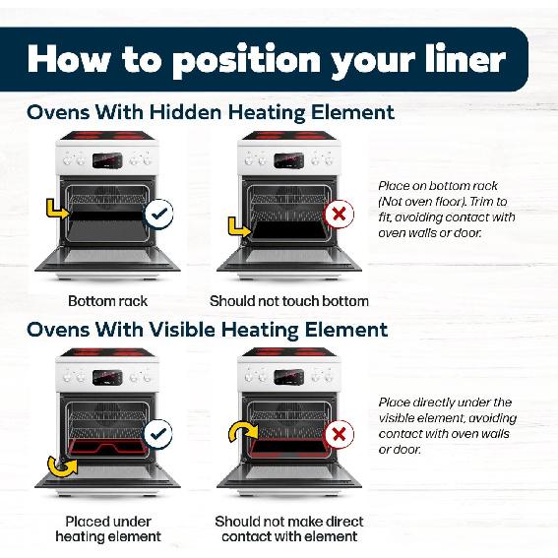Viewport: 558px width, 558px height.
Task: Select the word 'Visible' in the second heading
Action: [182, 329]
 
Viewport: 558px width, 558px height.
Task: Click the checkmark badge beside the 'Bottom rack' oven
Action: [158, 214]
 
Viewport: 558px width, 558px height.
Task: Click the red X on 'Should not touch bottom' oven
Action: [340, 215]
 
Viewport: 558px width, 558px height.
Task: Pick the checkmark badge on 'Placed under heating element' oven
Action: [158, 434]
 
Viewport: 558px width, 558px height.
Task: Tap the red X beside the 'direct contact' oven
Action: [340, 434]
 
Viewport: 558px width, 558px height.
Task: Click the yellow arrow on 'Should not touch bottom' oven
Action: [239, 228]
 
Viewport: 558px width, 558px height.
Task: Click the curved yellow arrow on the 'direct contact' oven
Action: [243, 432]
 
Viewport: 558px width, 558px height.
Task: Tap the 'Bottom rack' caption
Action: [108, 301]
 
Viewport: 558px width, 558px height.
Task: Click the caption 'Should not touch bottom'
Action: [289, 301]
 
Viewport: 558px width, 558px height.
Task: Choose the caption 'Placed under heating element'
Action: [108, 528]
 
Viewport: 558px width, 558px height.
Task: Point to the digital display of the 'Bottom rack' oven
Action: [107, 160]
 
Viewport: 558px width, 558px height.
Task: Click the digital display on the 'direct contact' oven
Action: [288, 377]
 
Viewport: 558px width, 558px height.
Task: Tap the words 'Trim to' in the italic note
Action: [488, 202]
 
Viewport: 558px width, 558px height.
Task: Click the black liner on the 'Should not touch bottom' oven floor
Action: [289, 230]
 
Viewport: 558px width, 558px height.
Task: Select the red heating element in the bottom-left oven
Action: [106, 448]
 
